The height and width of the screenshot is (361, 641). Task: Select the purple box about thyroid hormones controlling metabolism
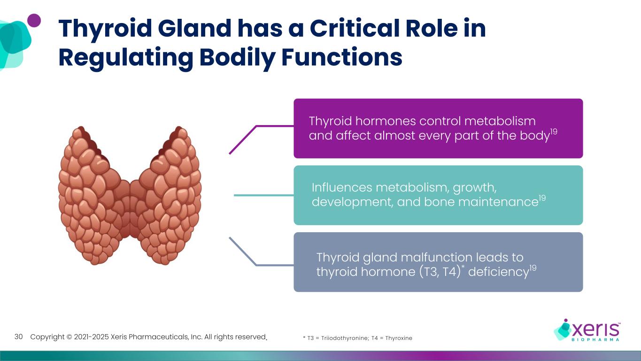click(x=438, y=128)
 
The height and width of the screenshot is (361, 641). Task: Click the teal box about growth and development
click(x=438, y=195)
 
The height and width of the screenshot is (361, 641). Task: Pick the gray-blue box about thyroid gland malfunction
click(x=438, y=262)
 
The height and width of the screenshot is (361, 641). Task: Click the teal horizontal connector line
click(x=263, y=195)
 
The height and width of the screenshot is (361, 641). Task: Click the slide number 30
click(x=19, y=337)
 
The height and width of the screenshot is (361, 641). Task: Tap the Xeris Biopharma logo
click(x=587, y=329)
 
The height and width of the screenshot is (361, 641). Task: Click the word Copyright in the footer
click(x=47, y=337)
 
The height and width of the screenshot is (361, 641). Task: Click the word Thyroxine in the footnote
click(x=398, y=338)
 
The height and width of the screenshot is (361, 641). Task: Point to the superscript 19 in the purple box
click(x=554, y=132)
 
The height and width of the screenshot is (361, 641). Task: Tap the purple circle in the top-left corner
click(x=34, y=20)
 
